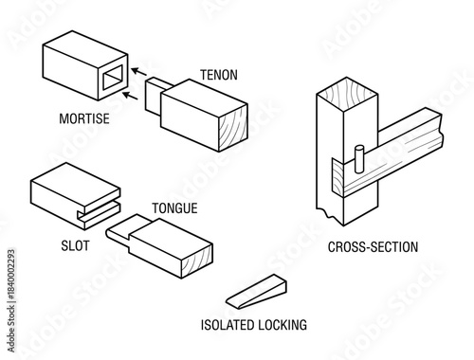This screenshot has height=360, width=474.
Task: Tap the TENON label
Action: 219,74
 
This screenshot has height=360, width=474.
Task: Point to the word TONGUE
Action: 174,207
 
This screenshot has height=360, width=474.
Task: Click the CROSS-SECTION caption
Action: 373,247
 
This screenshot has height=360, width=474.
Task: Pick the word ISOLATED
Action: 228,325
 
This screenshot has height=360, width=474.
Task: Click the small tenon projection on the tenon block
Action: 155,100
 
